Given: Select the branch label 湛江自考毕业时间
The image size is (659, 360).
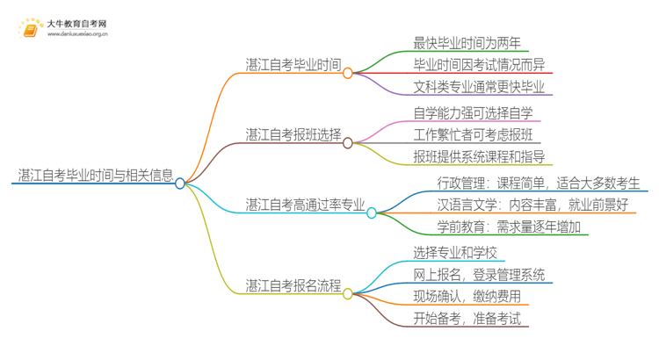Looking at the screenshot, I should click(293, 64).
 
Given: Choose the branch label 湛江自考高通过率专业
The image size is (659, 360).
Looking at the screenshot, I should click(305, 204).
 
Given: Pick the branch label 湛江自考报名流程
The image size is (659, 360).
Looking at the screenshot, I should click(293, 284).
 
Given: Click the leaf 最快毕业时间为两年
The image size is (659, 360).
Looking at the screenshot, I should click(467, 41).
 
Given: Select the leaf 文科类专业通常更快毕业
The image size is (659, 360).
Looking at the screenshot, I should click(479, 87).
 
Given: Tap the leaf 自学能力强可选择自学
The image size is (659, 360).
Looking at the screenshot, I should click(473, 112).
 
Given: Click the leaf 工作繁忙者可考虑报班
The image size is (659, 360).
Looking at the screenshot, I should click(473, 134).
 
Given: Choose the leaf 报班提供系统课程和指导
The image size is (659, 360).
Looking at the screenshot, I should click(479, 157).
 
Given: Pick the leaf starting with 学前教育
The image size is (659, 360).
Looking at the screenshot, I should click(512, 227).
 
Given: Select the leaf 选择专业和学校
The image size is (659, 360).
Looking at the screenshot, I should click(454, 252).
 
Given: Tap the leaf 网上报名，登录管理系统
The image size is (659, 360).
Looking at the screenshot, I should click(479, 275).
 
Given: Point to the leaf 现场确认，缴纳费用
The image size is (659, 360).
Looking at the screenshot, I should click(467, 298).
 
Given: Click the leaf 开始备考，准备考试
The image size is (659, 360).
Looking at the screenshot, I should click(467, 320).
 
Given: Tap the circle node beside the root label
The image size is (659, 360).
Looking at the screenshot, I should click(180, 184).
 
